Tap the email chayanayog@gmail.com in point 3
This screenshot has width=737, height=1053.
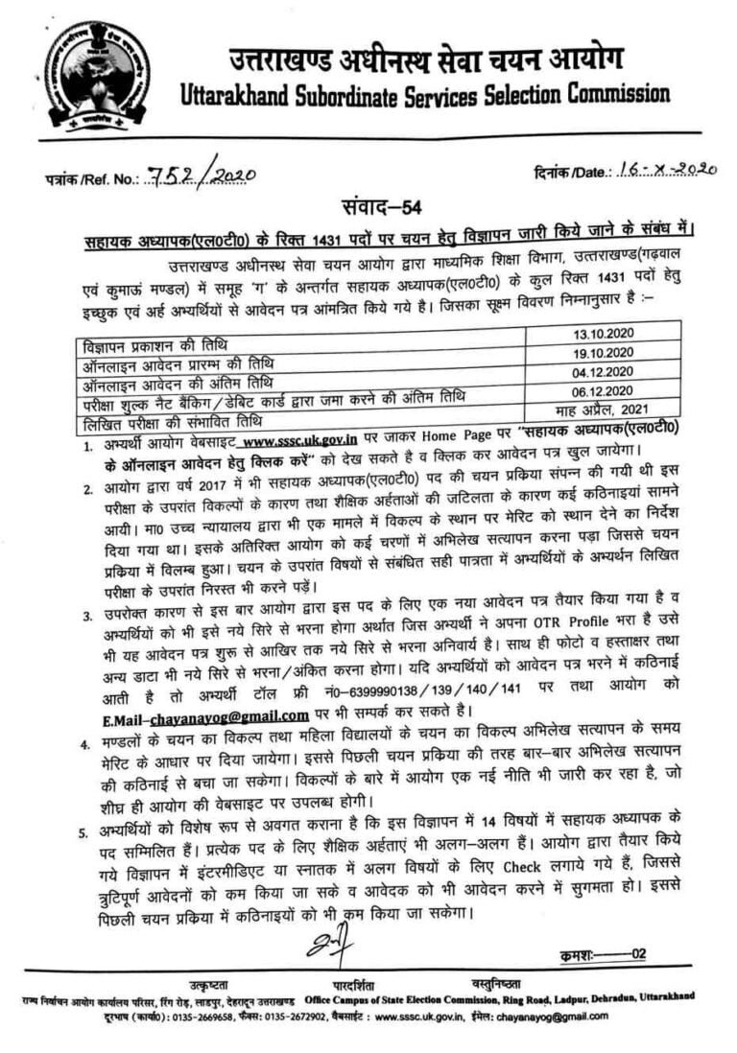(238, 714)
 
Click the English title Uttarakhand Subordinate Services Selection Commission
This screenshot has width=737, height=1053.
(424, 94)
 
